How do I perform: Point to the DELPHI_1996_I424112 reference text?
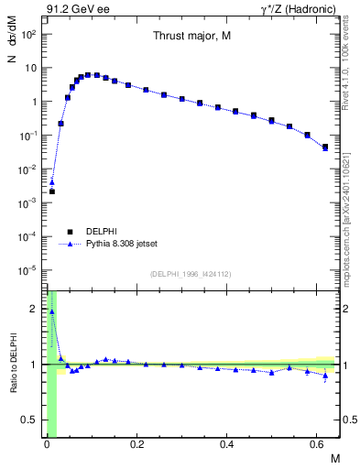pyautogui.click(x=191, y=274)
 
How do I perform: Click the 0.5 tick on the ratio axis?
pyautogui.click(x=33, y=420)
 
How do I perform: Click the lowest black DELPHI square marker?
pyautogui.click(x=52, y=191)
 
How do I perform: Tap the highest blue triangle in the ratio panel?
pyautogui.click(x=52, y=311)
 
